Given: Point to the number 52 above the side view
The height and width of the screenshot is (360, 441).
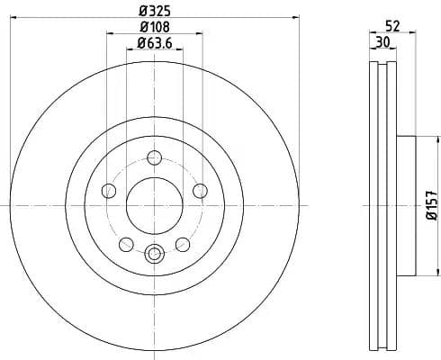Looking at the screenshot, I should pyautogui.click(x=391, y=26).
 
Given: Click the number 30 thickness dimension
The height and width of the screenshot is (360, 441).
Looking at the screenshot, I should pyautogui.click(x=382, y=41).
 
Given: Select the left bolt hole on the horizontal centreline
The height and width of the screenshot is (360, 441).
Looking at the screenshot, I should pyautogui.click(x=109, y=190).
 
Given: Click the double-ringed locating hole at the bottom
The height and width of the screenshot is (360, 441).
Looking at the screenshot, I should pyautogui.click(x=154, y=255).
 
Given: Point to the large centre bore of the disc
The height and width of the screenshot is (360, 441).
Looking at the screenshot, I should pyautogui.click(x=154, y=203).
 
